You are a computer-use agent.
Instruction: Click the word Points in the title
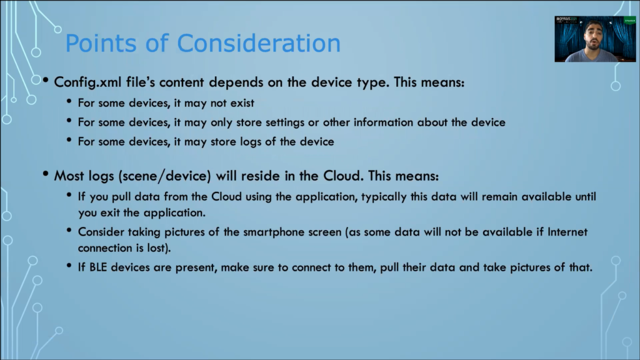101,43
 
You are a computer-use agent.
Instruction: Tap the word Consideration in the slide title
258,43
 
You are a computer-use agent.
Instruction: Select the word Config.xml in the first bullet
87,82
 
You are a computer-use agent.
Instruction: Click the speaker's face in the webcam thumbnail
594,35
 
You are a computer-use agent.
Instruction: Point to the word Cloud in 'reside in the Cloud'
342,176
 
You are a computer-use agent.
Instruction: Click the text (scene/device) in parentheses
164,176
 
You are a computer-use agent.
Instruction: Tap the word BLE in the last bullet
98,267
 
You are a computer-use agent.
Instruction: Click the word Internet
567,232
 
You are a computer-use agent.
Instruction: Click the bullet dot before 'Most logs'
46,174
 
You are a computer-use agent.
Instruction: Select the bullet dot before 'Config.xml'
46,81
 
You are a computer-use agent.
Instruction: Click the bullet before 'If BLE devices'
69,266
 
